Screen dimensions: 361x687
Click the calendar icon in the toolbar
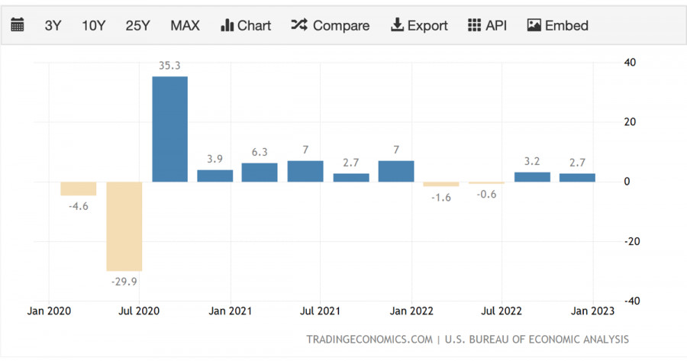(18, 25)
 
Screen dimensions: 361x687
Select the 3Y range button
(53, 25)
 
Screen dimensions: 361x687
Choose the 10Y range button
(93, 25)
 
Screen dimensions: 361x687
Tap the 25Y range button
(137, 25)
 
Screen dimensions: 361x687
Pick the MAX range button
(185, 25)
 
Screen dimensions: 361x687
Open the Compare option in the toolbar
(330, 25)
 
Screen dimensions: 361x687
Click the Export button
(419, 25)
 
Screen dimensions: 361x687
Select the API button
(487, 25)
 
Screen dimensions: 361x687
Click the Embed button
(558, 25)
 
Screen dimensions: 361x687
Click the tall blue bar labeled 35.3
(169, 129)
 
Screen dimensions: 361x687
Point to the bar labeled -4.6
(79, 189)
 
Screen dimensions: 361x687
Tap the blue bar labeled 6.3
(260, 172)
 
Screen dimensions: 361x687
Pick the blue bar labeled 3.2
(532, 177)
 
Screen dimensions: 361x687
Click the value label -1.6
(441, 197)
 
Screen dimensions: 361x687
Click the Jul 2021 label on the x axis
(320, 311)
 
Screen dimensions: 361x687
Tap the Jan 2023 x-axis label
(591, 311)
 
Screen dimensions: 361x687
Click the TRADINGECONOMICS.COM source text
(369, 339)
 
